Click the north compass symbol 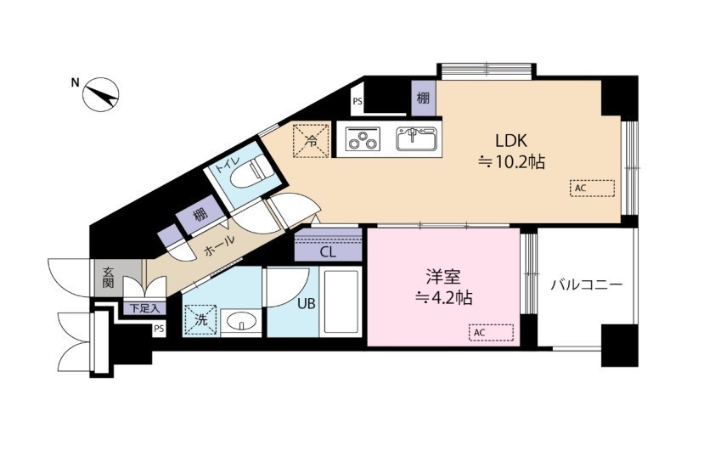tap(100, 94)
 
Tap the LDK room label tap(511, 141)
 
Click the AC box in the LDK tap(592, 188)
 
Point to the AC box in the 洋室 tap(491, 333)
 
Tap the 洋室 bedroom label tap(443, 277)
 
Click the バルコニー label tap(587, 284)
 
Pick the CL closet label tap(328, 252)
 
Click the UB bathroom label tap(307, 304)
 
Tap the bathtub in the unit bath tap(341, 302)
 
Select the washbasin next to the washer tap(241, 321)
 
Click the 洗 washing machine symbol tap(200, 319)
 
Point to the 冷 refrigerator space tap(311, 140)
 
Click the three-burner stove tap(363, 138)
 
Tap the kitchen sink tap(416, 138)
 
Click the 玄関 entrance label tap(108, 278)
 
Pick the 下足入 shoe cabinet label tap(144, 308)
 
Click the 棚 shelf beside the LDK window tap(423, 98)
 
